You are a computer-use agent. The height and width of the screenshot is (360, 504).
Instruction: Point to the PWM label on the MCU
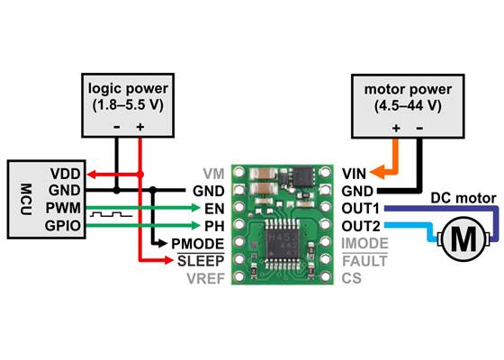pyautogui.click(x=64, y=208)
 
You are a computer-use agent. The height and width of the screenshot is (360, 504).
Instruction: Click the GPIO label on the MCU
pyautogui.click(x=64, y=225)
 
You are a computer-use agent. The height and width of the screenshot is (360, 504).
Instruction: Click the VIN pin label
pyautogui.click(x=355, y=173)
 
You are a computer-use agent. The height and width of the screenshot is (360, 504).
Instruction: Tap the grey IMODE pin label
pyautogui.click(x=364, y=243)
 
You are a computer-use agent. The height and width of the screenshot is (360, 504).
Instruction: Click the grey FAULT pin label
pyautogui.click(x=364, y=261)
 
